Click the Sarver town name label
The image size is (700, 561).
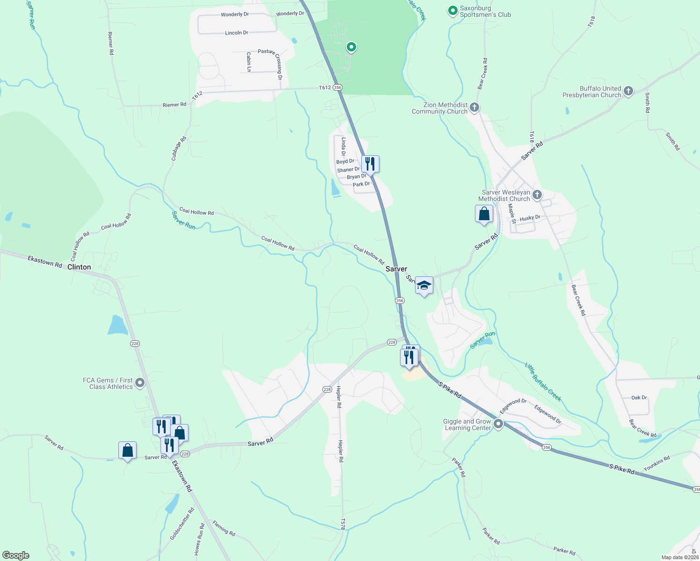[x=396, y=269]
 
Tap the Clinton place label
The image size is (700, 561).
[x=79, y=267]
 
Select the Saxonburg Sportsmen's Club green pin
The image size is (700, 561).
[x=452, y=10]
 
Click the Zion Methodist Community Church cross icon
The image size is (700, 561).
[x=474, y=108]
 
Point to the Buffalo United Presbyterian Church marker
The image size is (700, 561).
[x=628, y=91]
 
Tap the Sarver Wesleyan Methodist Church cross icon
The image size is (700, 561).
[x=537, y=195]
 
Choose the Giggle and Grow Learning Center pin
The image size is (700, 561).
[x=498, y=424]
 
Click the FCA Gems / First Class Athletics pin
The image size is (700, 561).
[x=139, y=383]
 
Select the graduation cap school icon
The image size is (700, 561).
[x=424, y=285]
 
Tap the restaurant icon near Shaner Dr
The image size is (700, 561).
[x=370, y=164]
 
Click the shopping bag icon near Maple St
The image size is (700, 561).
[x=484, y=214]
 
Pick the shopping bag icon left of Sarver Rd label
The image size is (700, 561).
[x=128, y=451]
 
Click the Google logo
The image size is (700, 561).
[x=16, y=555]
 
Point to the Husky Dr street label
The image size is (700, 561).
[x=530, y=218]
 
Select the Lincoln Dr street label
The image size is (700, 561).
[x=237, y=33]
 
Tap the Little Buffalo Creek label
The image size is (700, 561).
[x=543, y=382]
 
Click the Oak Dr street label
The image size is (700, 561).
[x=639, y=397]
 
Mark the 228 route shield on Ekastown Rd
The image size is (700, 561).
[x=135, y=344]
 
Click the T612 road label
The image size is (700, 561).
[x=325, y=87]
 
